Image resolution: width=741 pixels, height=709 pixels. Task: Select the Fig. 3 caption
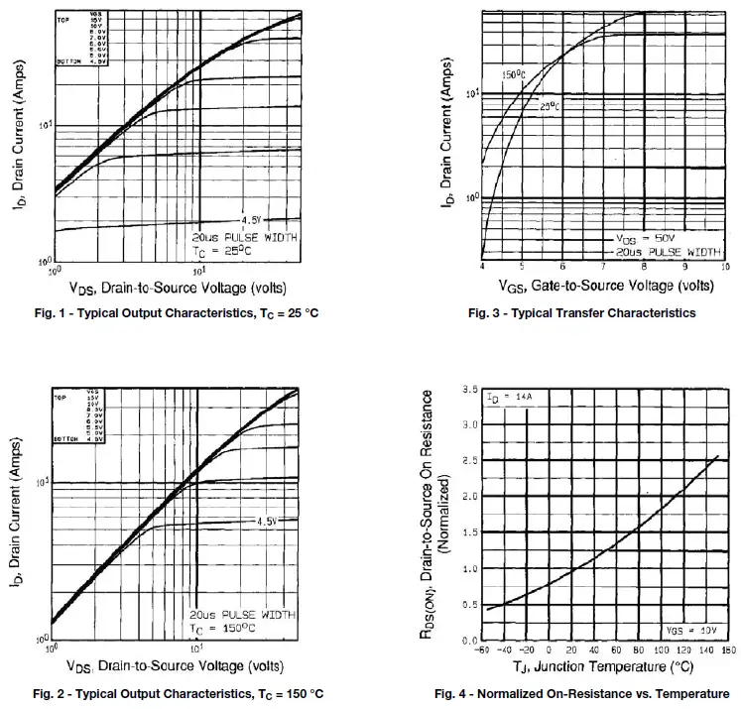(x=581, y=313)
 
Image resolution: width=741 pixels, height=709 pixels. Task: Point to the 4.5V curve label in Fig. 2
(x=264, y=521)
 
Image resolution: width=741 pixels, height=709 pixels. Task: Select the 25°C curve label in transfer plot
(x=550, y=105)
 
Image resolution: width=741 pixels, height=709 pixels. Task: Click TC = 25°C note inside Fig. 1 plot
(x=224, y=253)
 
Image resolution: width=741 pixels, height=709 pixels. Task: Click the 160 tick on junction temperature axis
(x=728, y=650)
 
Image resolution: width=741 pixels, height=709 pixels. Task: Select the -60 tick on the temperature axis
(x=482, y=650)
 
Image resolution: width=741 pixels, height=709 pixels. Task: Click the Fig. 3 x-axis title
(x=605, y=286)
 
